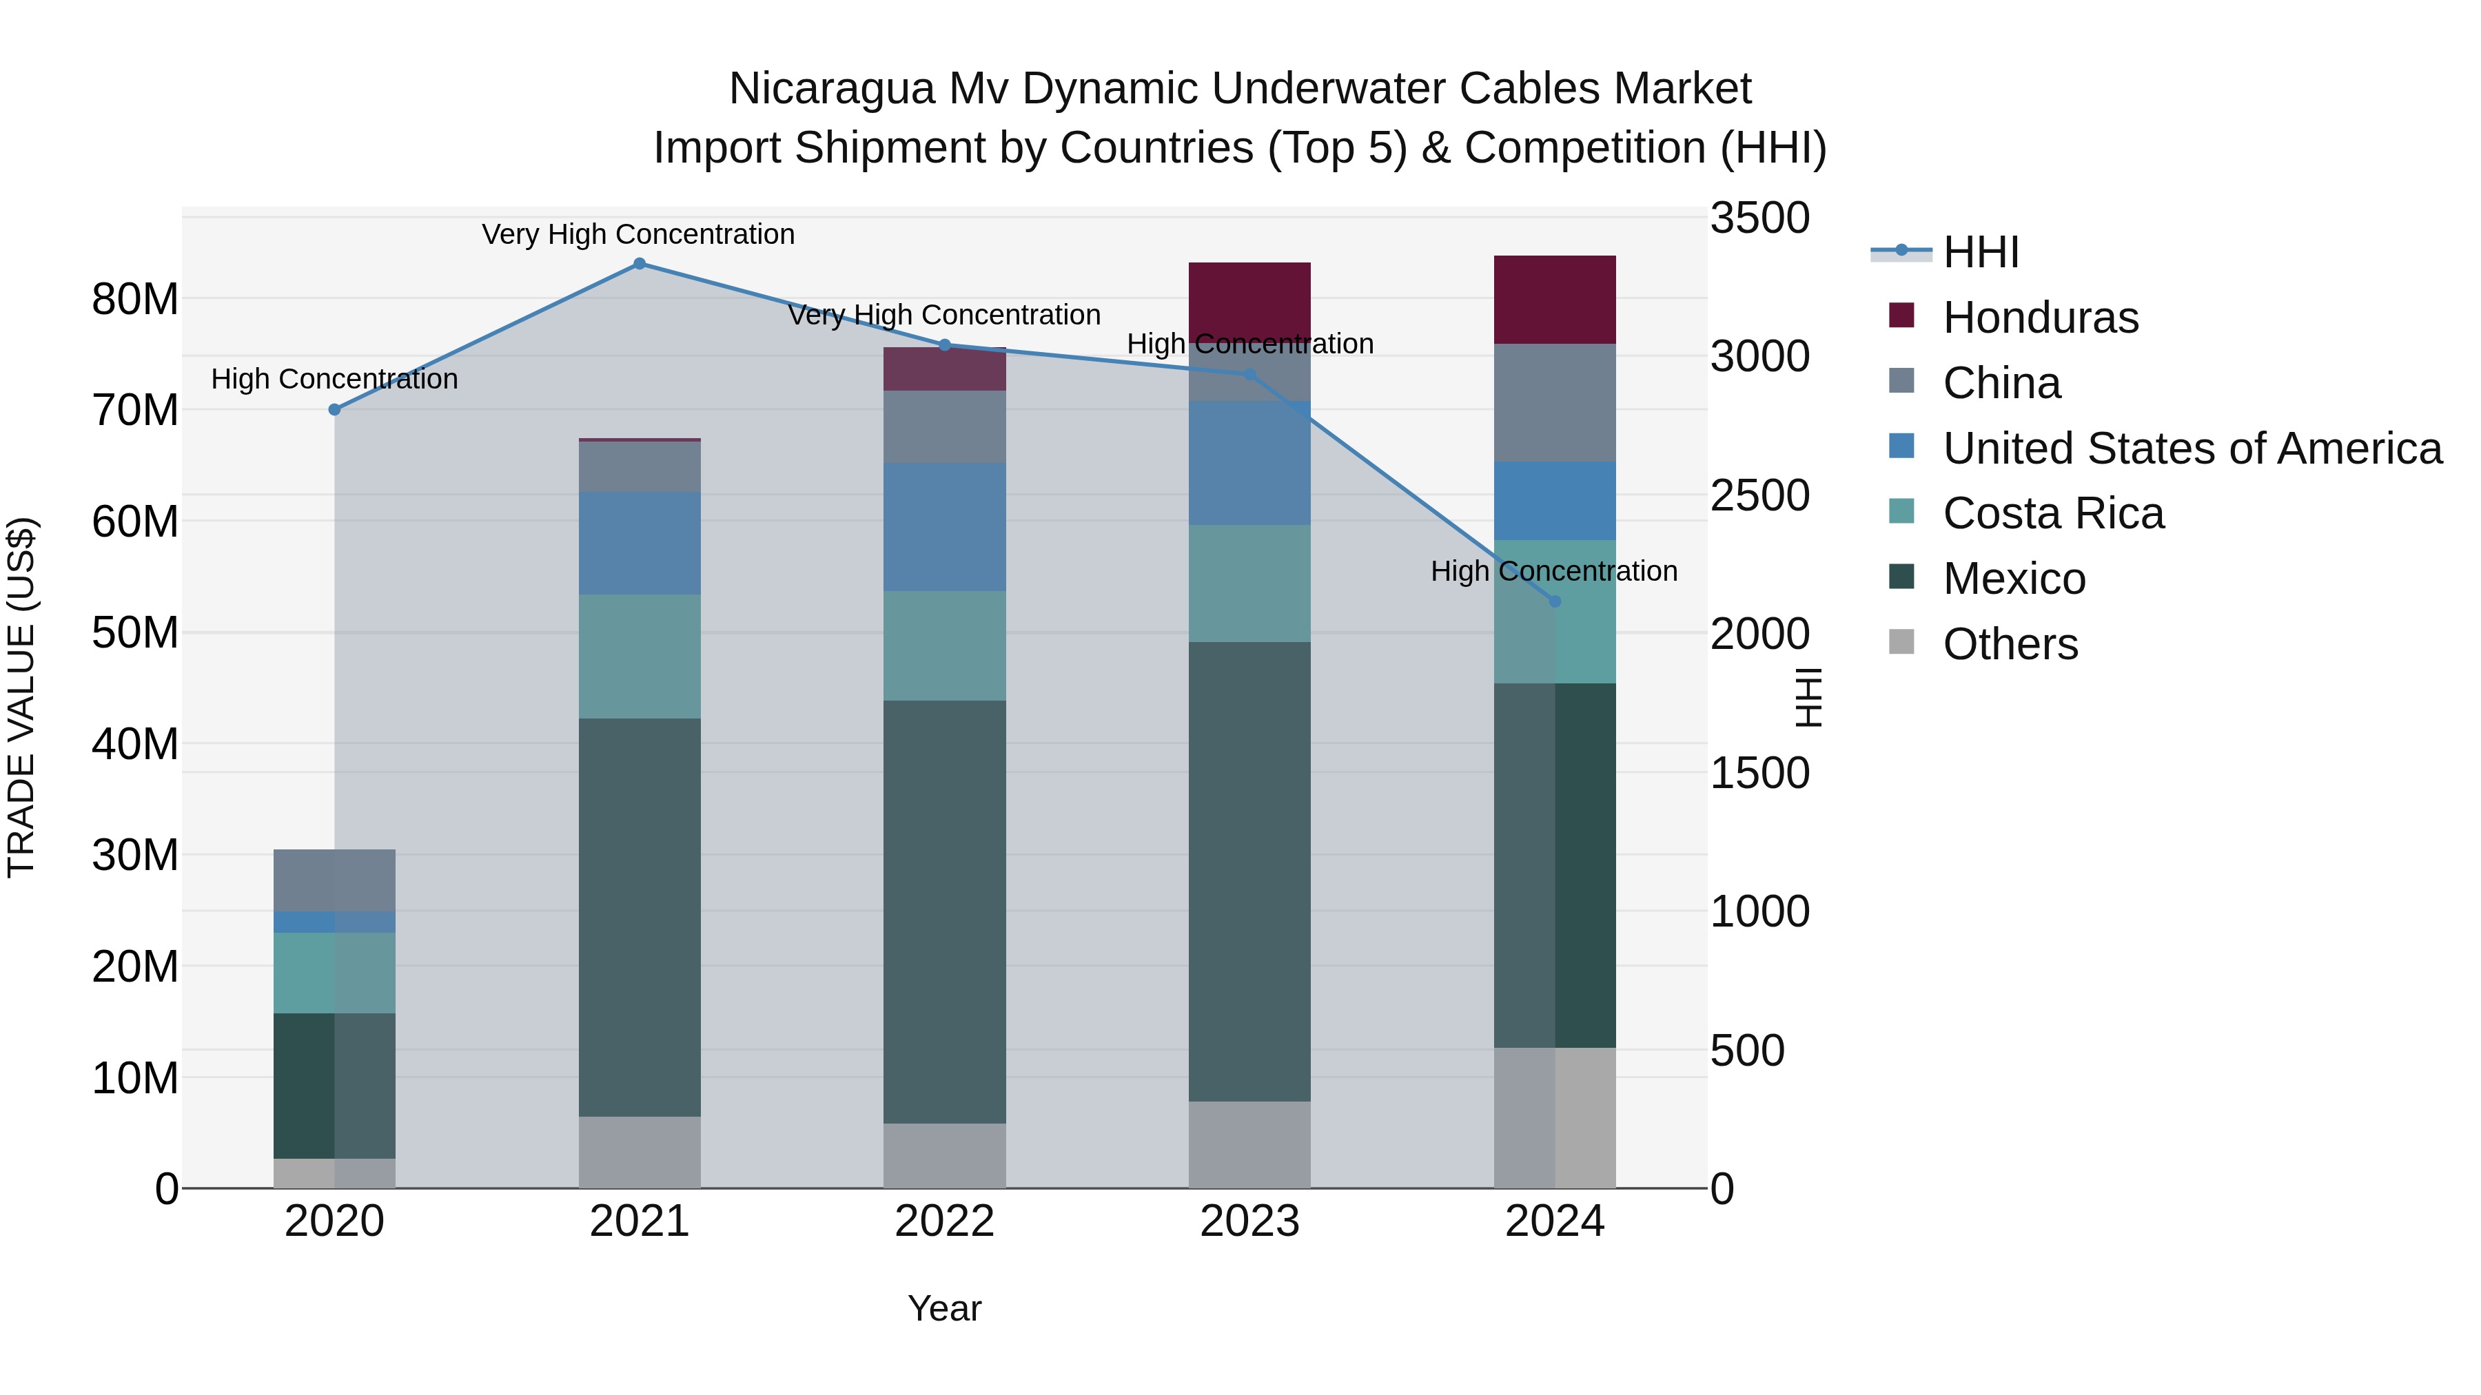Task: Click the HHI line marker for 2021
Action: coord(640,264)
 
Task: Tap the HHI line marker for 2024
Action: coord(1555,601)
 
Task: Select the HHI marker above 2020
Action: coord(334,410)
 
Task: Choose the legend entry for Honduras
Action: coord(2040,318)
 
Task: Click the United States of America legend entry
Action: coord(2191,448)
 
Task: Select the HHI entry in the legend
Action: coord(1979,252)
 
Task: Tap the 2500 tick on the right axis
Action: coord(1759,496)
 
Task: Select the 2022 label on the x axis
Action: coord(944,1221)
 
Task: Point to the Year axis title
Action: coord(944,1308)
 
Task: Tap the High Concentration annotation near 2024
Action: coord(1553,571)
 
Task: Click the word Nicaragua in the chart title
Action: coord(831,89)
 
